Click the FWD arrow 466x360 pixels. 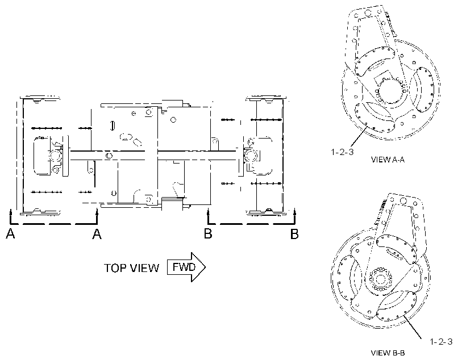pos(186,267)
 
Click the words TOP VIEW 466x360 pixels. pos(131,268)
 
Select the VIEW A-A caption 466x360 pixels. pos(388,160)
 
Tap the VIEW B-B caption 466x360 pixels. pos(388,353)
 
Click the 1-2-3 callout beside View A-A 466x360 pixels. pos(342,152)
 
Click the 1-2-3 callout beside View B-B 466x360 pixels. pos(442,342)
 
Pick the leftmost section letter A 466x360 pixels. pos(10,234)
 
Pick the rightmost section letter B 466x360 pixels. pos(294,234)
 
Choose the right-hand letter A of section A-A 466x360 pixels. pos(97,234)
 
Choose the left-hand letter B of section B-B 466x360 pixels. pos(208,234)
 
